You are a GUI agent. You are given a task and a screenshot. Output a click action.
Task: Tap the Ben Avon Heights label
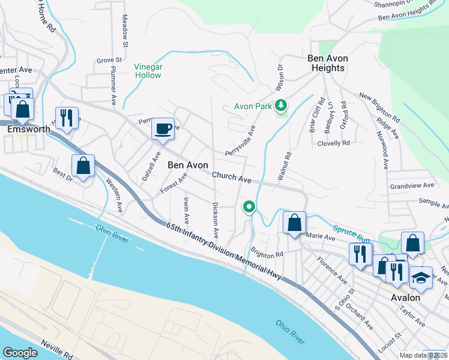point(326,63)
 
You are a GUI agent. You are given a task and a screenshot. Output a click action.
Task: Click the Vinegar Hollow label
point(147,71)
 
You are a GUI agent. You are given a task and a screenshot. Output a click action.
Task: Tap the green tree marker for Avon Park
point(280,106)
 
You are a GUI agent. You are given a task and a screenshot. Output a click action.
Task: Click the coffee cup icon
point(163,128)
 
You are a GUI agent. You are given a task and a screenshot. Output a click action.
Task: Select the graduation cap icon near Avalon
point(421,277)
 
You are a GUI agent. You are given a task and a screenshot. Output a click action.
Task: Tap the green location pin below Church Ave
point(249,207)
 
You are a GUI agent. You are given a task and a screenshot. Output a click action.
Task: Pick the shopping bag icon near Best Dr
point(83,166)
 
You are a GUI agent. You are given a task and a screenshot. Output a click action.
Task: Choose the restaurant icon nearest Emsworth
point(67,118)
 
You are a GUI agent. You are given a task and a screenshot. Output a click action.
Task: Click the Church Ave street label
point(231,178)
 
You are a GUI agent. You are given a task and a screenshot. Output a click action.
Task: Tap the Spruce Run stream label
point(354,233)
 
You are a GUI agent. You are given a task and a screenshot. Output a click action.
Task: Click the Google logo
point(20,353)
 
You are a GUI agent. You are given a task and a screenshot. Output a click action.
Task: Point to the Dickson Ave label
point(214,218)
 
